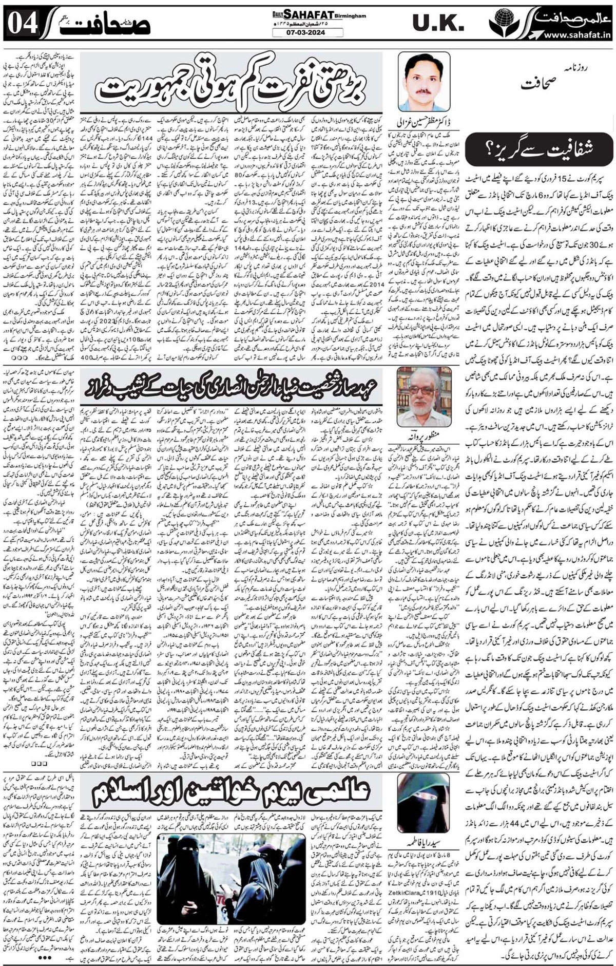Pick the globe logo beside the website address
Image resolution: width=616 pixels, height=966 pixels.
pos(501,25)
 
